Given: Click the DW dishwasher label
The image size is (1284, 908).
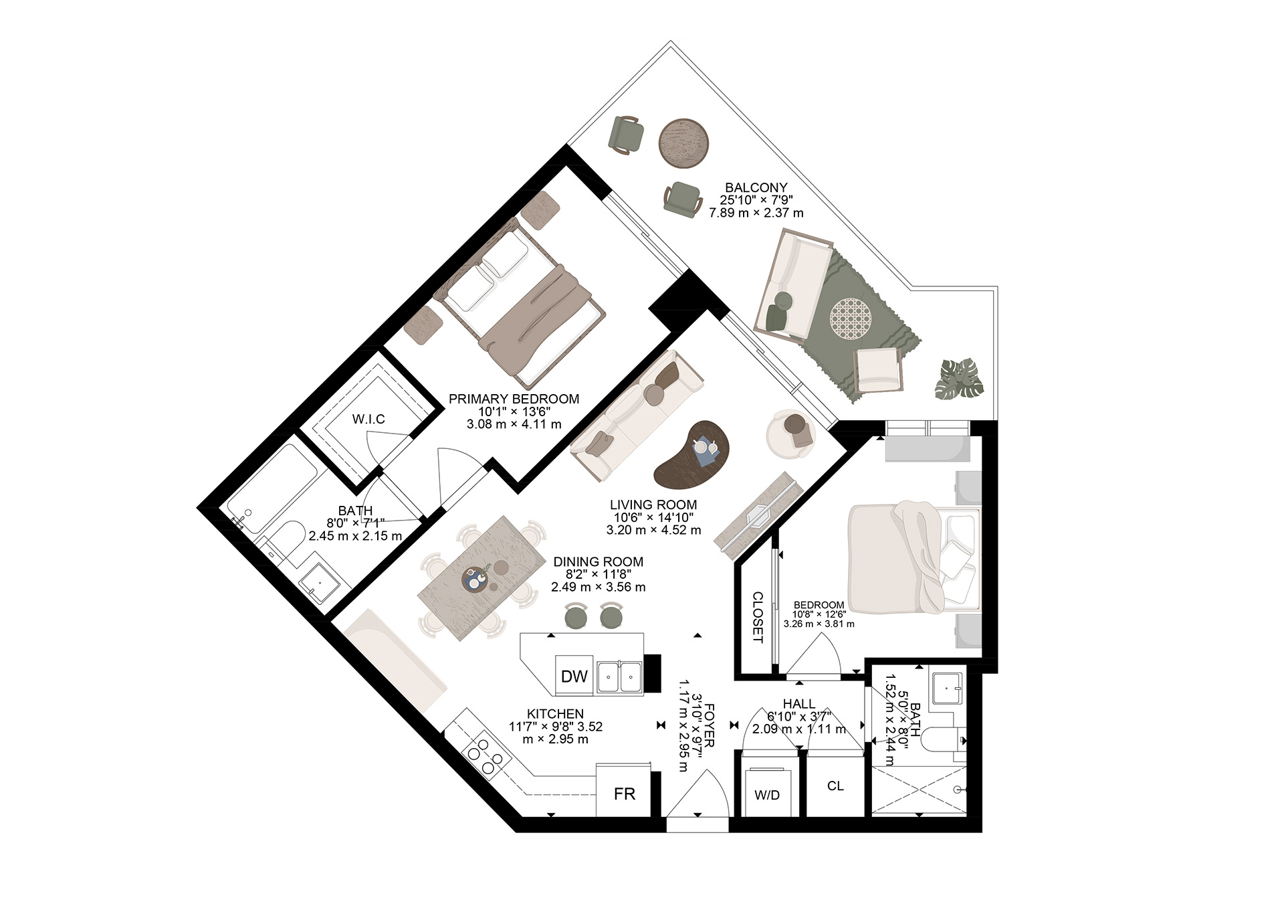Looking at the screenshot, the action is coord(574,676).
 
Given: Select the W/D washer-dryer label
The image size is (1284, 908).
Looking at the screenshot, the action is coord(767,796).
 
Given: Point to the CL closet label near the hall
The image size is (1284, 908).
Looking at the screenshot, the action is coord(835,786).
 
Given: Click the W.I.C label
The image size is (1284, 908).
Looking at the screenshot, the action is coord(368,420).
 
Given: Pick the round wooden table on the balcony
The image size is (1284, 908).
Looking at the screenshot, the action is coord(685,143).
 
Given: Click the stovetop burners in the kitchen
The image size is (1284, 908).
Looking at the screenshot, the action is coord(485,753).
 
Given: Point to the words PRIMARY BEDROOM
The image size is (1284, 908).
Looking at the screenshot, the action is coord(514,399).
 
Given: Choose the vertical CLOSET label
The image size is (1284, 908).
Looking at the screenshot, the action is coord(758,617).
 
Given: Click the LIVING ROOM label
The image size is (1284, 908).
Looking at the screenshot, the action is coord(653,505).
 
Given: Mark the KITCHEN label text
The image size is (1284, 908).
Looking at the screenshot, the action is coord(555,714).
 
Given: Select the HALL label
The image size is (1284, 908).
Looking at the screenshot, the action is coord(799,704).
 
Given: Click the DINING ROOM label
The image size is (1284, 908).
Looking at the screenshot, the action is coord(598,562).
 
